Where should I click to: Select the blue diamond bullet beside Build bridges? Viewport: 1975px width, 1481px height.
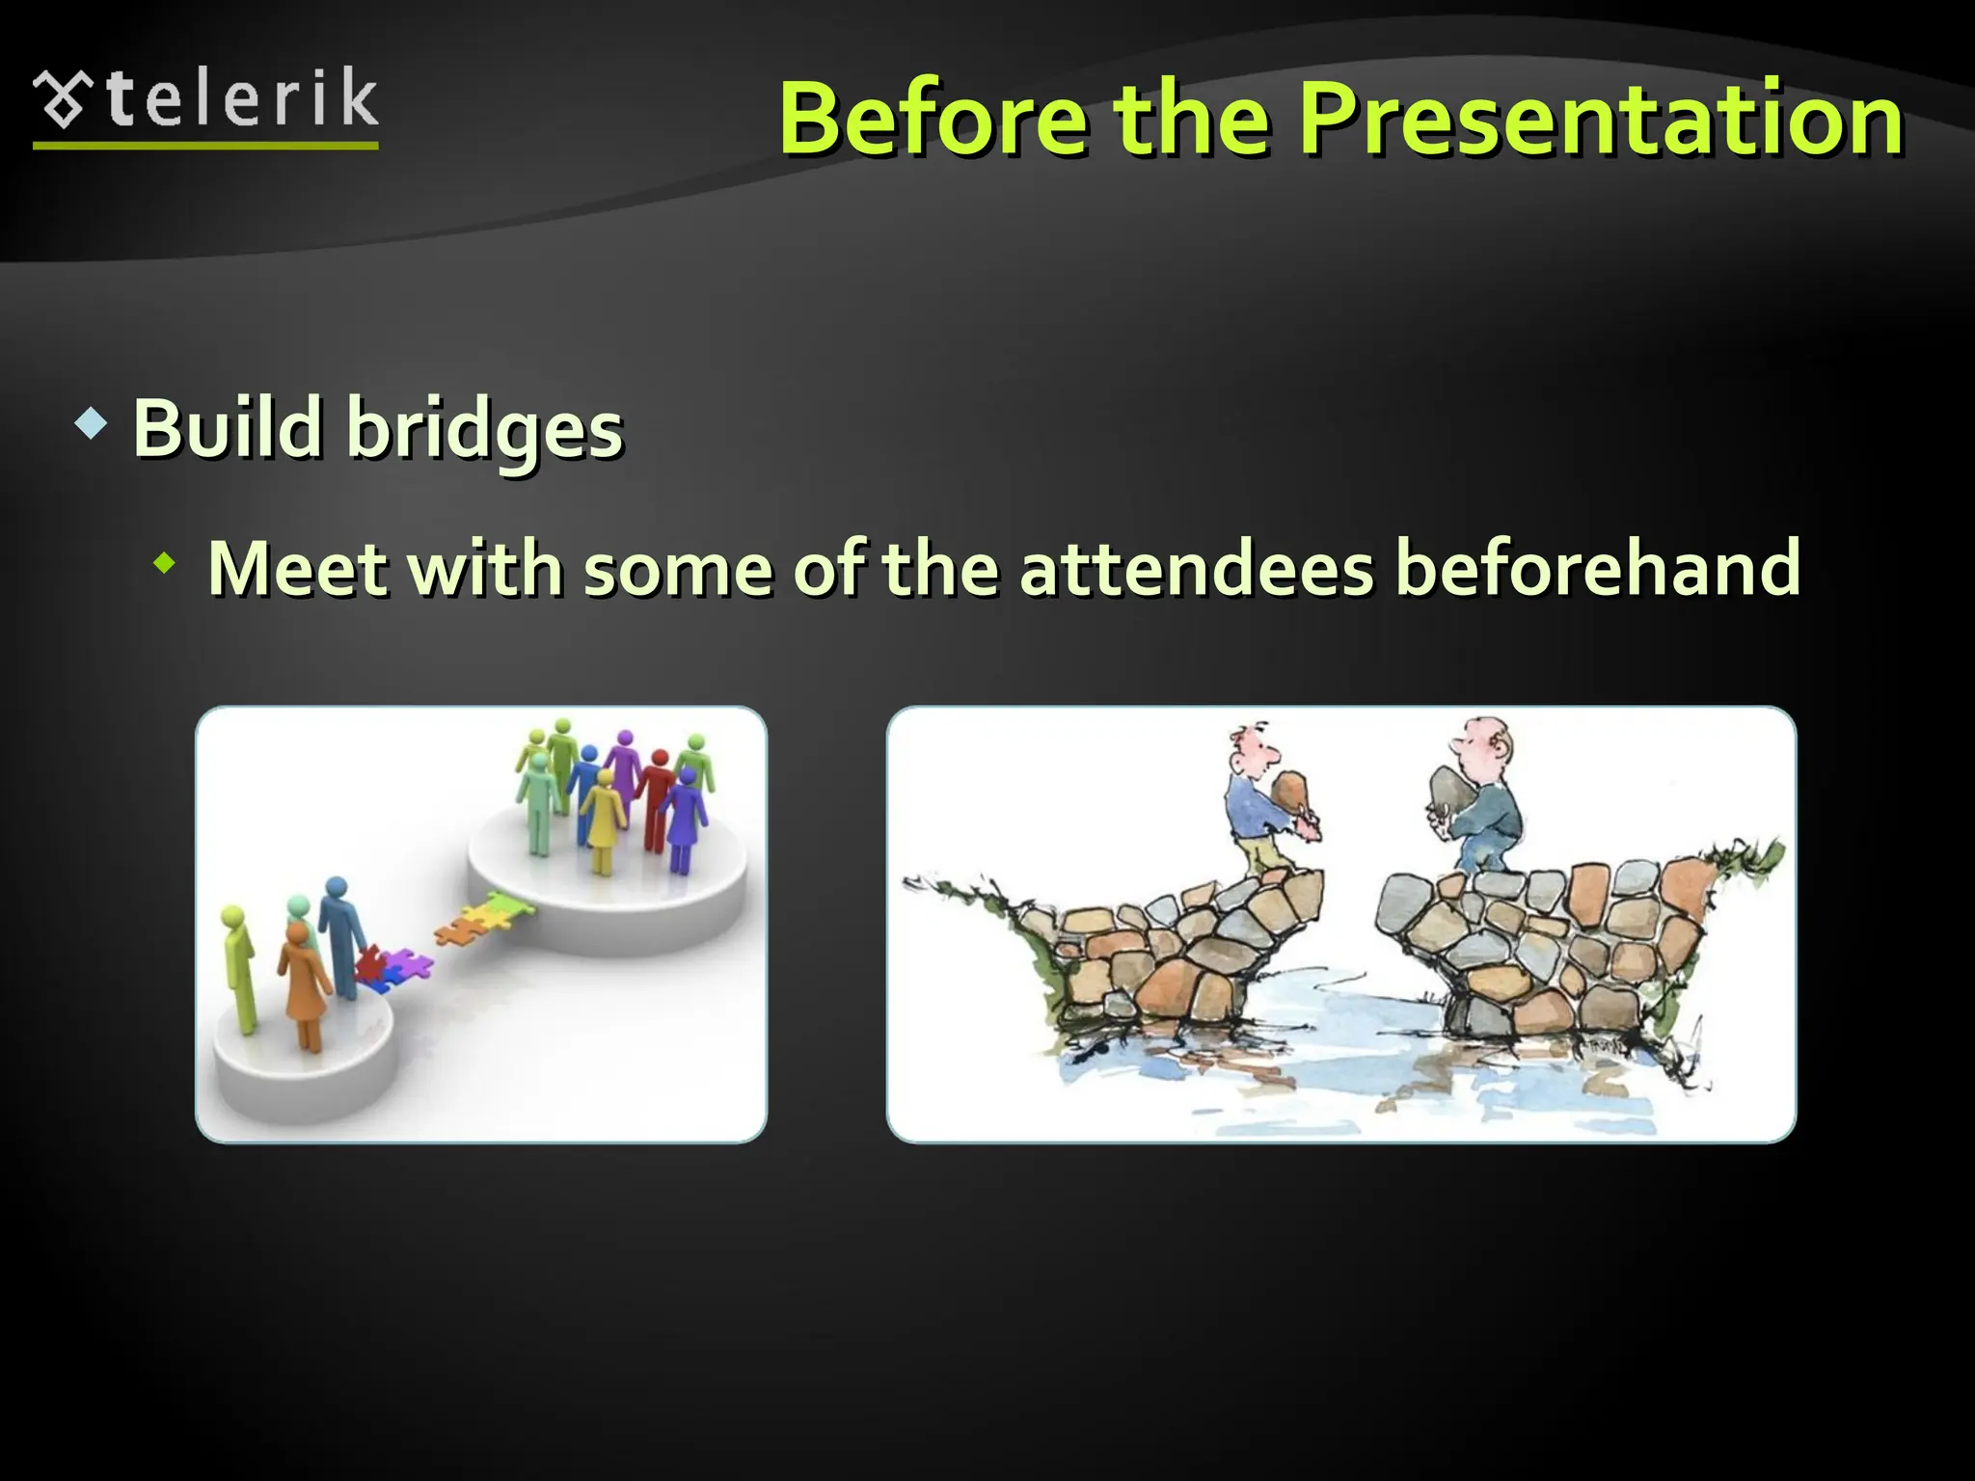coord(91,424)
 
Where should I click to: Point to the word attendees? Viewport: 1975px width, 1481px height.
coord(1196,568)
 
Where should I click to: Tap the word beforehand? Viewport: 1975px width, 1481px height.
coord(1597,568)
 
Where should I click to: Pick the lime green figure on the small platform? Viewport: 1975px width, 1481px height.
coord(237,964)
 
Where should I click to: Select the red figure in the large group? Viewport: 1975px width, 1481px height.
coord(659,796)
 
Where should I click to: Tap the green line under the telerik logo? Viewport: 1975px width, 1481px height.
coord(205,146)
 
